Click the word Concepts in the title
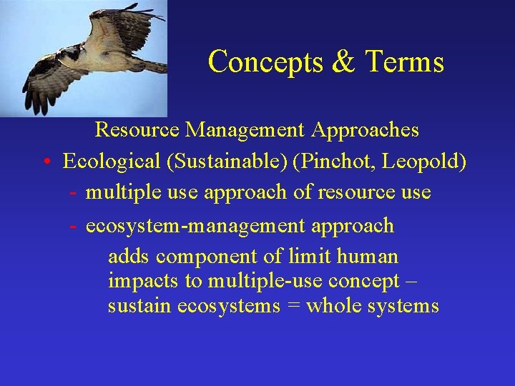coord(265,61)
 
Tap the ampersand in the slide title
coord(343,61)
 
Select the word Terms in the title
coord(404,61)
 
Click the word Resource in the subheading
coord(137,130)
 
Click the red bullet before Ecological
coord(44,162)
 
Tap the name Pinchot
coord(335,162)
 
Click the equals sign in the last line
coord(294,307)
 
